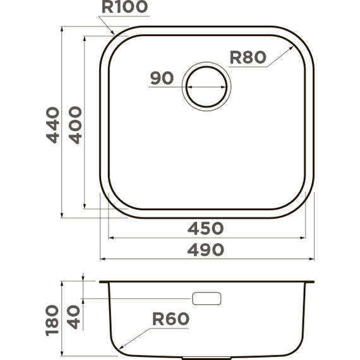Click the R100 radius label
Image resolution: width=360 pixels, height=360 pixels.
[124, 8]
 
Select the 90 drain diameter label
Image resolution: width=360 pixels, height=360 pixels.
[162, 78]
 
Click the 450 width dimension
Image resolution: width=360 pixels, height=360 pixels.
[205, 228]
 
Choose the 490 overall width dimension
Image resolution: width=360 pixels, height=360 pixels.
[205, 250]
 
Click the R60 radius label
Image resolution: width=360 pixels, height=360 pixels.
[170, 320]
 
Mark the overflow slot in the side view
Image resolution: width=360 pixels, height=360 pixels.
[207, 298]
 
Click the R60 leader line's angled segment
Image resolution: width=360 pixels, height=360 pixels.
[136, 339]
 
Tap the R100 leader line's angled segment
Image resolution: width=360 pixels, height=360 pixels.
[107, 24]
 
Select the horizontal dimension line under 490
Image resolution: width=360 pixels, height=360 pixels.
[205, 260]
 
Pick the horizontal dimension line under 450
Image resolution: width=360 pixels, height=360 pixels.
[205, 238]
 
